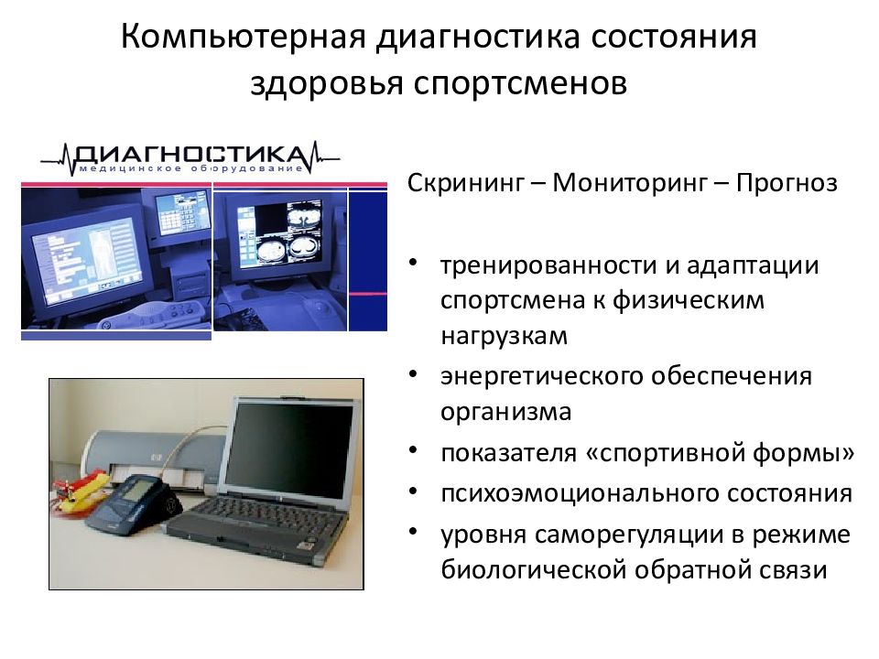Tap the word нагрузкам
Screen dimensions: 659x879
(x=504, y=336)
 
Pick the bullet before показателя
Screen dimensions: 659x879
(x=415, y=451)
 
